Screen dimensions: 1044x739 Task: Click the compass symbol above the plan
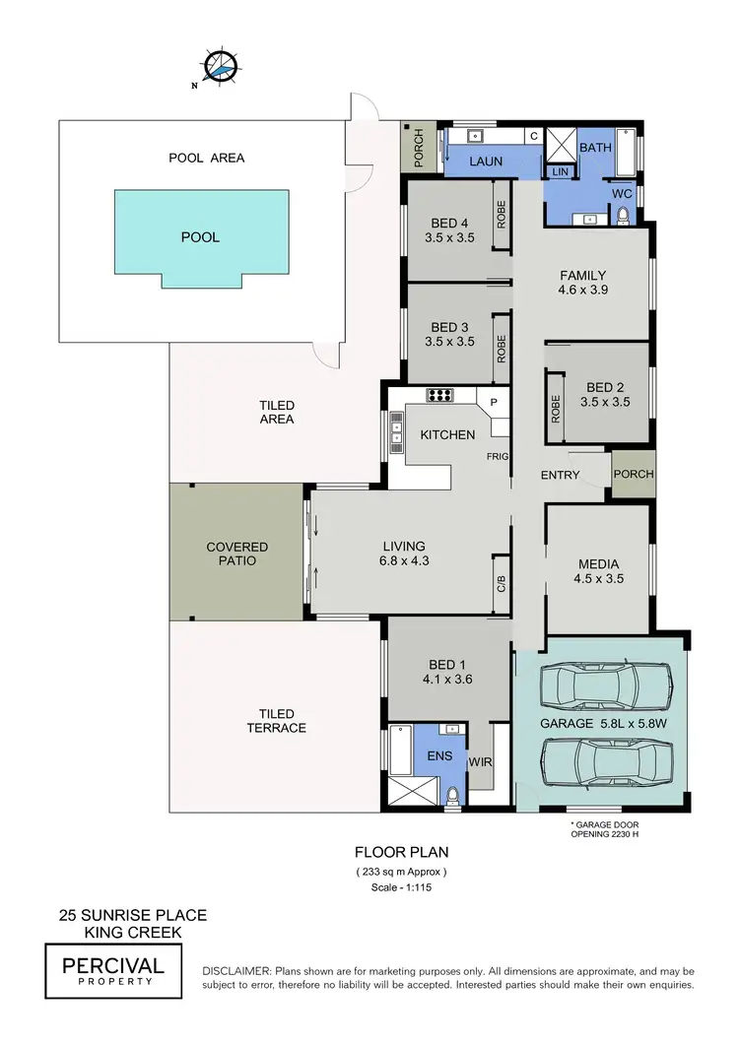222,64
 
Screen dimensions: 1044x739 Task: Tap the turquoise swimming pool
201,236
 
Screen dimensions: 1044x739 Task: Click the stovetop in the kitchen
439,396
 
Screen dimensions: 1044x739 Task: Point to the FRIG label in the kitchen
498,458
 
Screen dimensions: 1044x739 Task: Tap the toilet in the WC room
622,218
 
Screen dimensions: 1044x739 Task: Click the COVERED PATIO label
236,554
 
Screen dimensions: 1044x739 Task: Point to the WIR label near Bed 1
481,761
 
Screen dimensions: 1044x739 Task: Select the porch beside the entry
633,474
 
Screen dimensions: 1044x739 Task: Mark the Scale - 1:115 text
401,886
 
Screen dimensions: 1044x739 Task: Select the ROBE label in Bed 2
556,408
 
